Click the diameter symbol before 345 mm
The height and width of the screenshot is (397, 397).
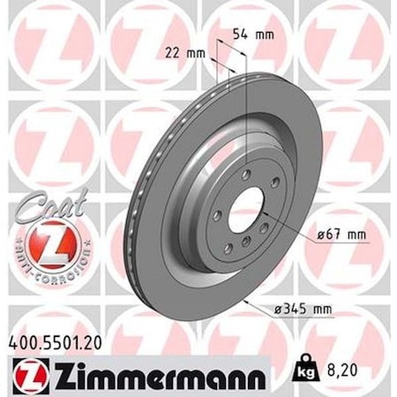point(269,309)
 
